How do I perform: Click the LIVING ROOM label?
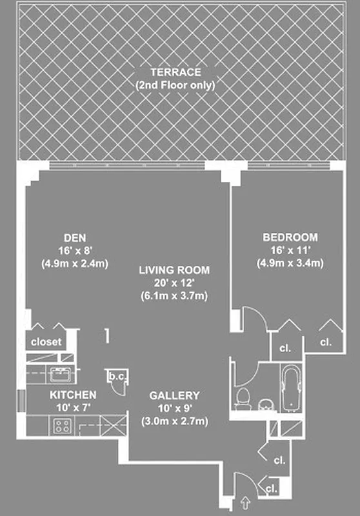point(174,271)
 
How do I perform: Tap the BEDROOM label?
point(290,237)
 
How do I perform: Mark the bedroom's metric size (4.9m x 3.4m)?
point(290,263)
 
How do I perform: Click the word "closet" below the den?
point(46,342)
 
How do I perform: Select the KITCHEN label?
point(74,395)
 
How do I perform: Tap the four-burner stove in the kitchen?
point(62,425)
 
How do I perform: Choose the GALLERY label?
point(174,395)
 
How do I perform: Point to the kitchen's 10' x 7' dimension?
point(74,407)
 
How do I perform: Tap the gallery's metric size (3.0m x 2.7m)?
point(174,421)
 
